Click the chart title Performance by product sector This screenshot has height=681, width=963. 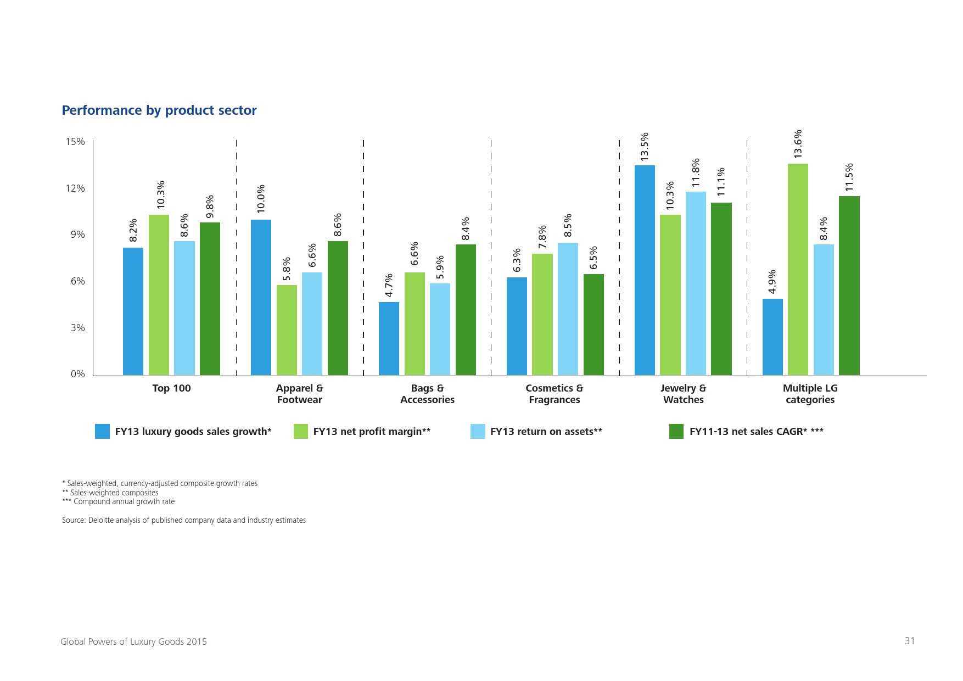pos(159,110)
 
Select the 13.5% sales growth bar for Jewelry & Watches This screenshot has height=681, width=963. pos(645,270)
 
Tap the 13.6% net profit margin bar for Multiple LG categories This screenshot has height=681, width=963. pos(798,269)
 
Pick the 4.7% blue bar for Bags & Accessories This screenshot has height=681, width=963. pos(389,338)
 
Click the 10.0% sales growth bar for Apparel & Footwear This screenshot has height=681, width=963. pos(261,297)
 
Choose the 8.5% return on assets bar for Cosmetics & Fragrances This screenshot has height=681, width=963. pos(568,309)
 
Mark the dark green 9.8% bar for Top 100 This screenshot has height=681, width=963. pos(210,299)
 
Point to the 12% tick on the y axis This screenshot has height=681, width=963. pos(76,188)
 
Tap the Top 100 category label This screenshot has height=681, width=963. pos(171,388)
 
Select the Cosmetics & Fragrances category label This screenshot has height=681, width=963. pos(555,394)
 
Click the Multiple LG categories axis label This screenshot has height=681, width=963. pos(810,394)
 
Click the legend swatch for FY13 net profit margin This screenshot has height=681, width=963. pos(301,431)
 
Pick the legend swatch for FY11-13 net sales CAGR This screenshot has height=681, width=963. pos(676,431)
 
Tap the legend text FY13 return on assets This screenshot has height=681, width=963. pos(546,432)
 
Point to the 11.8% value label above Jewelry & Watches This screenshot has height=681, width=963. pos(696,173)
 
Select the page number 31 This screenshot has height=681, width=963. pos(910,641)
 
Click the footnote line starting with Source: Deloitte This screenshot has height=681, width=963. pos(184,520)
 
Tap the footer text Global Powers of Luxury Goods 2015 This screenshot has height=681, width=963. pos(133,641)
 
